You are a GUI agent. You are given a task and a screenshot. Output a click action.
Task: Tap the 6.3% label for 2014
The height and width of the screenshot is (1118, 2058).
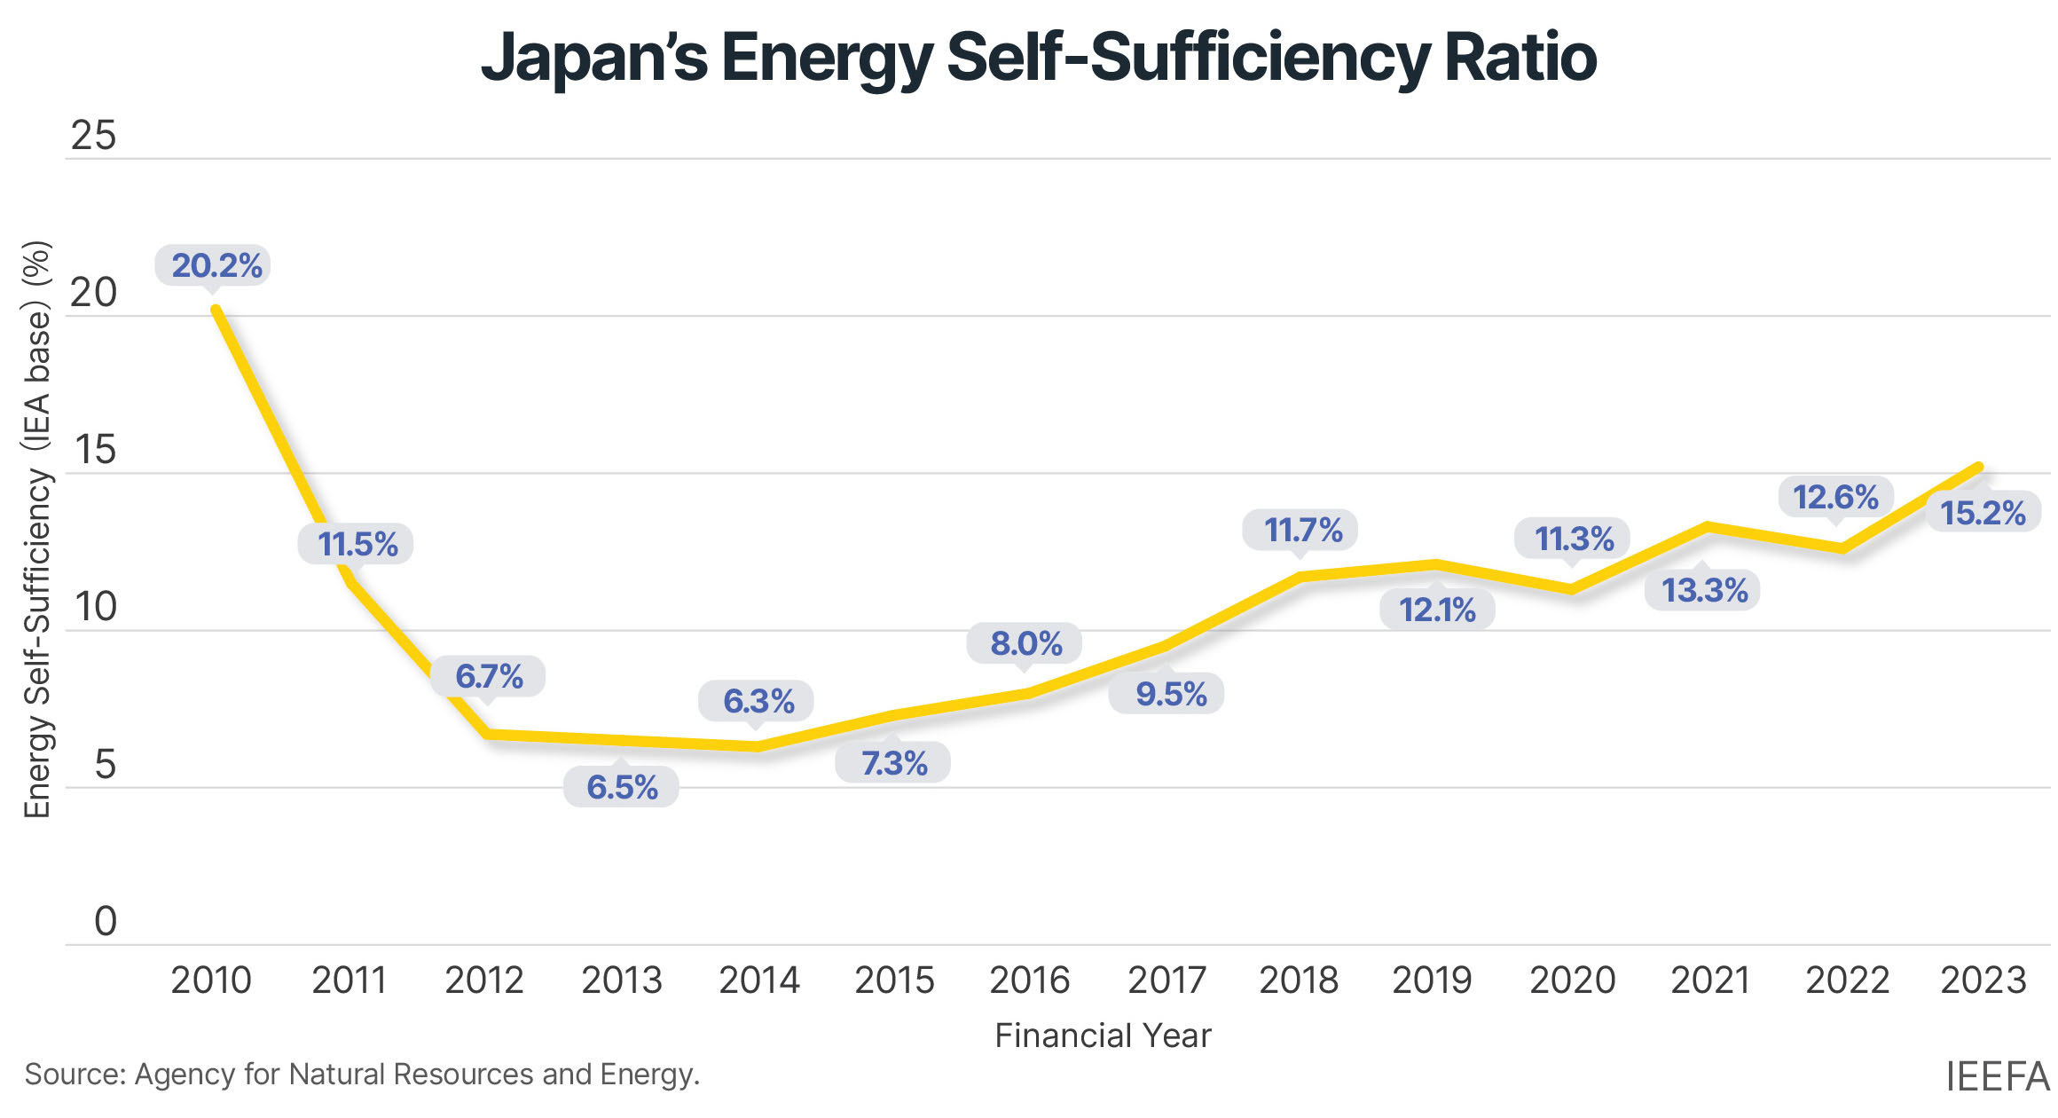[757, 701]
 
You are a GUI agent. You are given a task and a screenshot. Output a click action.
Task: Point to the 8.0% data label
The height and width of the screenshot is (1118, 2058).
[1025, 643]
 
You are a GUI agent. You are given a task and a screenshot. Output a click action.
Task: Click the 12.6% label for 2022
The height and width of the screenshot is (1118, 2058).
[1835, 497]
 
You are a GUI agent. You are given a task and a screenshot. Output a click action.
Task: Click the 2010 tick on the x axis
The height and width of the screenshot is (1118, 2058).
[211, 980]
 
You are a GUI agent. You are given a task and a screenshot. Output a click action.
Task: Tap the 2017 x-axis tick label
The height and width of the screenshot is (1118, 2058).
[1166, 980]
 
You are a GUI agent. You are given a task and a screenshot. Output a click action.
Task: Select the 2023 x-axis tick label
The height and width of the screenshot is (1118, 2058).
[1983, 980]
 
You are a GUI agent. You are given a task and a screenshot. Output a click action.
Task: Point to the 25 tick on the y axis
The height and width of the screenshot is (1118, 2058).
[93, 136]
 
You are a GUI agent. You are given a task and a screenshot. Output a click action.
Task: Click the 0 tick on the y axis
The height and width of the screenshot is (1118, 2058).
[105, 922]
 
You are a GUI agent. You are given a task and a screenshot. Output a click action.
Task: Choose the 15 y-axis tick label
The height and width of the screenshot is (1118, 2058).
[95, 450]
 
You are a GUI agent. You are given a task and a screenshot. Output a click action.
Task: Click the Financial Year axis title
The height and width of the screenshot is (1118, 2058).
[1103, 1035]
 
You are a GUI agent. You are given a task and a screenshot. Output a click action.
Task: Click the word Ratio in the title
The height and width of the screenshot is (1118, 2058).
[1520, 58]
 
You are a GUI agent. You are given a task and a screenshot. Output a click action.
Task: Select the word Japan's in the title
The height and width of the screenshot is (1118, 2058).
[593, 58]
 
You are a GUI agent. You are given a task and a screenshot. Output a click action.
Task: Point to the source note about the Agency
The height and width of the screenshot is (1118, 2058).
[362, 1075]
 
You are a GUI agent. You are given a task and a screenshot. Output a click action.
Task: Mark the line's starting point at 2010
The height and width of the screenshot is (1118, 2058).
[216, 310]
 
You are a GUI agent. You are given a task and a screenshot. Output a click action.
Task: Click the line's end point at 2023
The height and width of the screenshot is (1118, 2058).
[1979, 467]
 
